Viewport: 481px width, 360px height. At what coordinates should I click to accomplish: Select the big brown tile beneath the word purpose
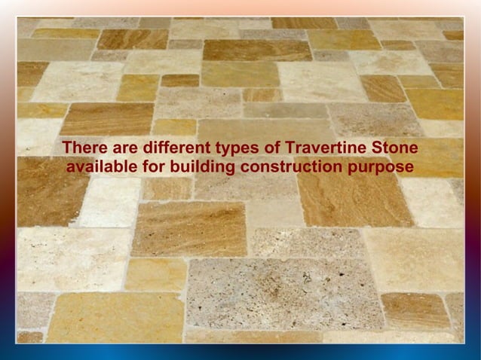pos(354,200)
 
